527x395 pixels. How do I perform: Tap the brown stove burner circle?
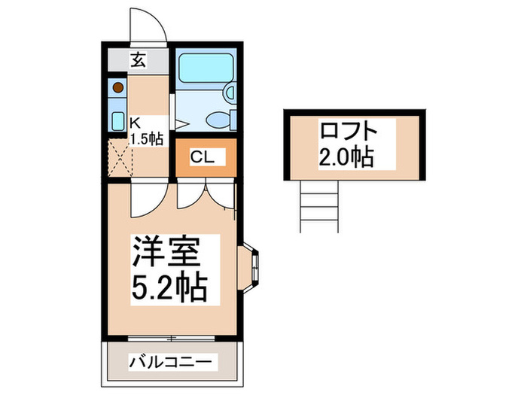118,87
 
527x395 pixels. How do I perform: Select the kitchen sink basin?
118,120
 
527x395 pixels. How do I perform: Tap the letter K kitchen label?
136,122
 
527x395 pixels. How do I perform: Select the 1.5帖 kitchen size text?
146,138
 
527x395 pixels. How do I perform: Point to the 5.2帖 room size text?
170,288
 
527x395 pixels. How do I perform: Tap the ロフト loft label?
347,131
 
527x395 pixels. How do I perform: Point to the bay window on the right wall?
251,269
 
